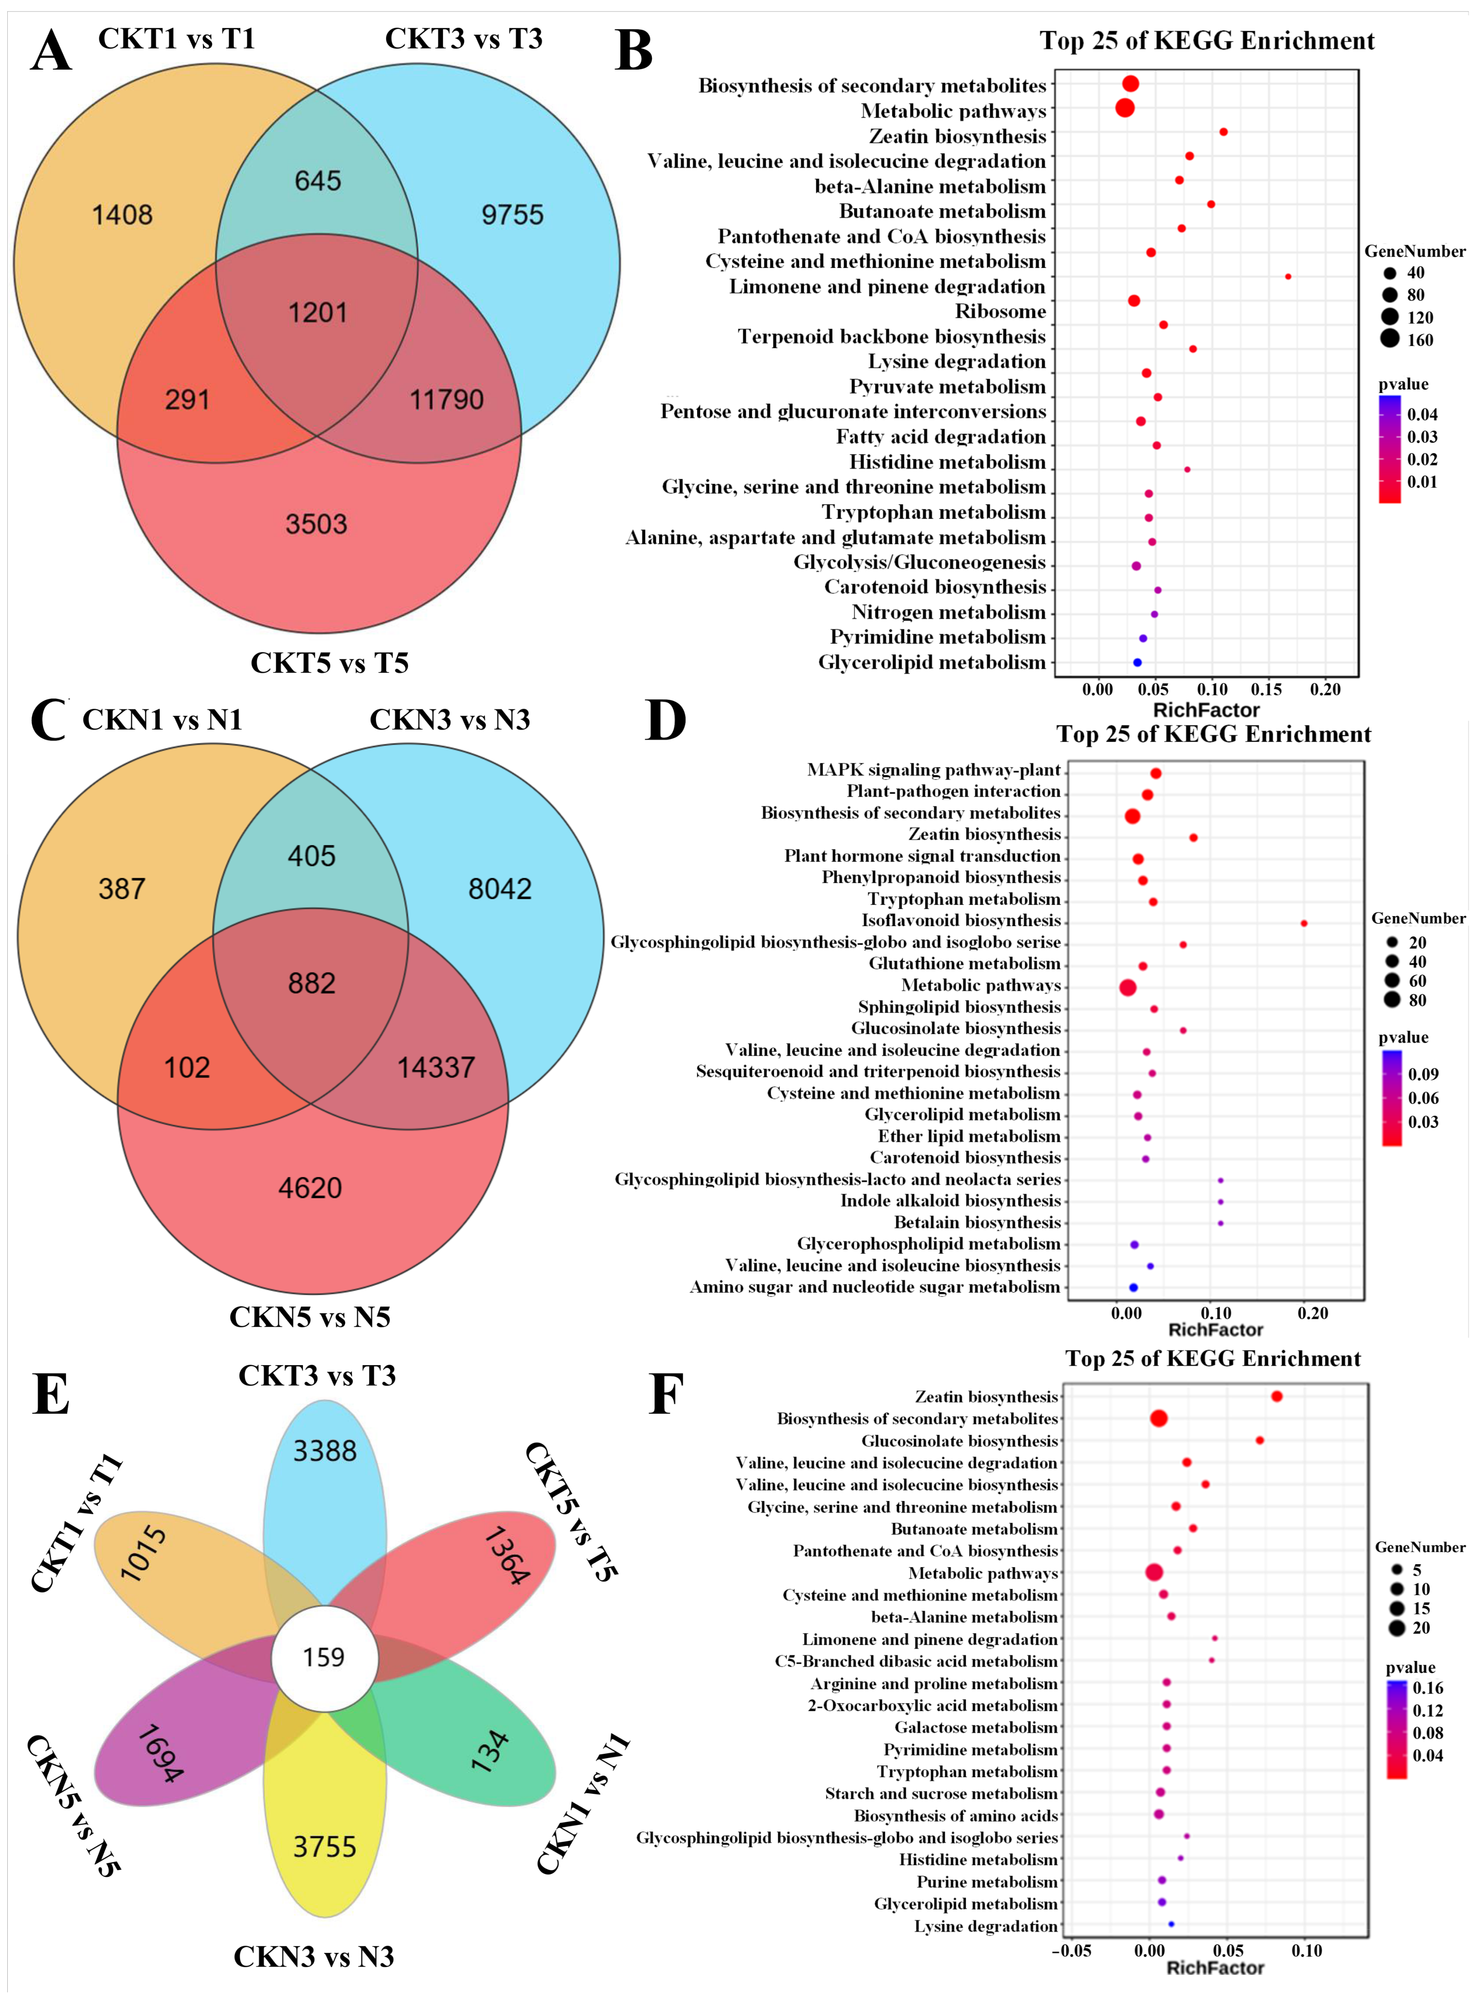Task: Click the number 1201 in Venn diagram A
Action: click(318, 312)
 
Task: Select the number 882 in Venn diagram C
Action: click(311, 983)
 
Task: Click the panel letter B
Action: click(634, 52)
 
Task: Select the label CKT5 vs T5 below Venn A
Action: click(329, 663)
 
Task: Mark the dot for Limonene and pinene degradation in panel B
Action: click(1287, 276)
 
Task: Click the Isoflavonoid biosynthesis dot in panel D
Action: click(1304, 922)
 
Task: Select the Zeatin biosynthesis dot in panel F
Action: click(1277, 1396)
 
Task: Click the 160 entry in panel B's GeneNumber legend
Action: click(1419, 340)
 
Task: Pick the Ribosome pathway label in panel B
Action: click(1000, 311)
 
